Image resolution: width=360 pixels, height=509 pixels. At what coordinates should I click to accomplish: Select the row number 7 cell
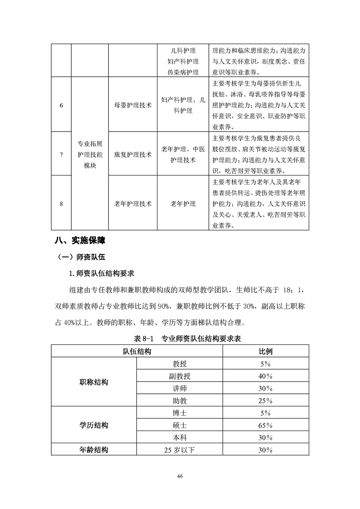coord(61,155)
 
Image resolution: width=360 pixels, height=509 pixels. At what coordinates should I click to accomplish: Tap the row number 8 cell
coord(61,204)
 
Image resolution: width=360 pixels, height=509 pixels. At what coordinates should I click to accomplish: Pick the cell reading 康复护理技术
coord(133,155)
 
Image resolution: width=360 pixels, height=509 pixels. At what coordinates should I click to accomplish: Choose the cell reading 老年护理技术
coord(133,204)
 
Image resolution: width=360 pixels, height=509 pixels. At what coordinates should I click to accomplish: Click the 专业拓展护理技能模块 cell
coord(90,155)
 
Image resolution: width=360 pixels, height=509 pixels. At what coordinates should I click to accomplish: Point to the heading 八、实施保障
coord(80,240)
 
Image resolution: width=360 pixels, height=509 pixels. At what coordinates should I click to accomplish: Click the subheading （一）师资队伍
coord(81,257)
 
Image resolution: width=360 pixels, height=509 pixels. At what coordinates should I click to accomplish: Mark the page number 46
coord(180,476)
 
